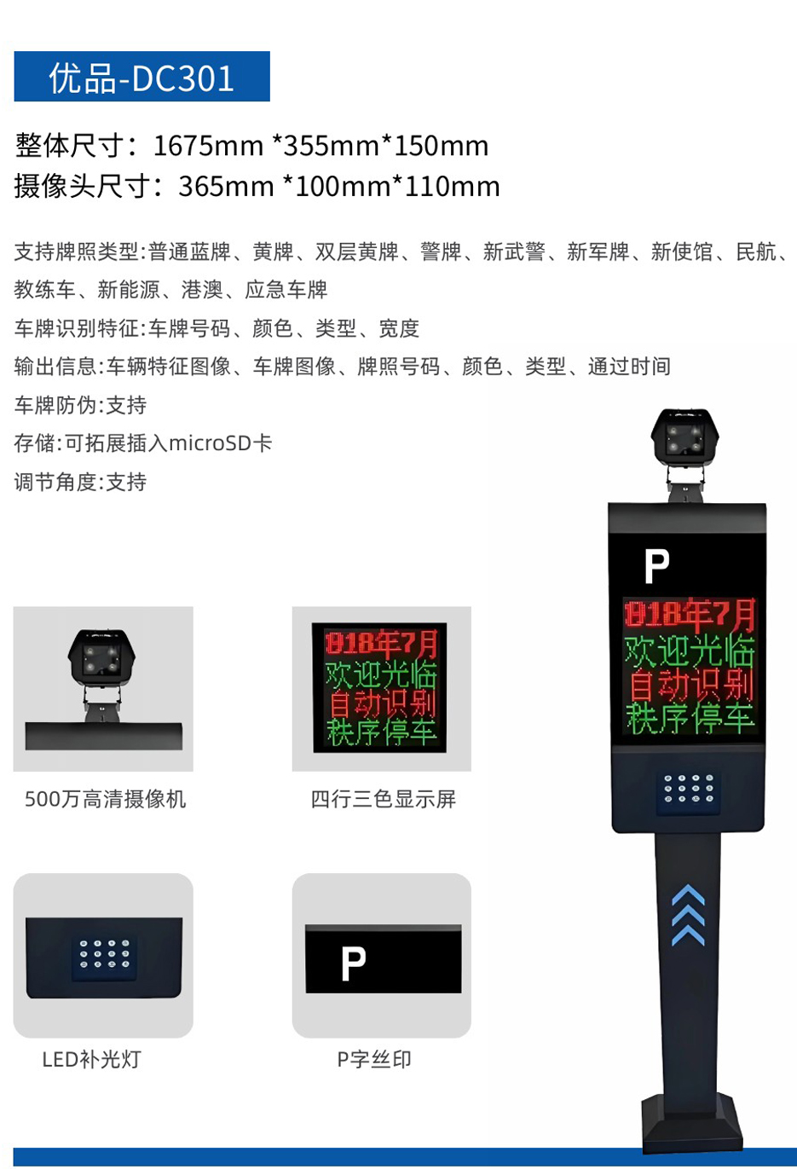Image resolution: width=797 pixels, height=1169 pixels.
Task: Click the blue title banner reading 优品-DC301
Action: tap(141, 76)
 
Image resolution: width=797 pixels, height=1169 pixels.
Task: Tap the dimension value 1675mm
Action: tap(208, 146)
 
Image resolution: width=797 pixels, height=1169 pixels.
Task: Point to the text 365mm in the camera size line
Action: tap(226, 187)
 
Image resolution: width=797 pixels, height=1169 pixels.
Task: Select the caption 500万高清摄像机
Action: tap(106, 799)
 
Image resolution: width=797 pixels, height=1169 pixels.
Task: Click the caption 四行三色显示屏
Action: tap(384, 799)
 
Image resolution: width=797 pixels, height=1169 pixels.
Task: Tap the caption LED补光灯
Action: tap(92, 1059)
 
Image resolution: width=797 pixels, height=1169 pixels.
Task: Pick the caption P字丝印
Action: tap(374, 1059)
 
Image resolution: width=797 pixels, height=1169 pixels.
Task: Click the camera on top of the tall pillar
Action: tap(684, 437)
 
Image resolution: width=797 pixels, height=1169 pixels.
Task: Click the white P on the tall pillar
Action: tap(656, 566)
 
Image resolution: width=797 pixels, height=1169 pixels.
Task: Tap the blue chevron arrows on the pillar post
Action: tap(689, 915)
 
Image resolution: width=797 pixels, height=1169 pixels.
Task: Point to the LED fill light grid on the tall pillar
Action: tap(689, 788)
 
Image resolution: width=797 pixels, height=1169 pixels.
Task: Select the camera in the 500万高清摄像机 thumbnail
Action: tap(101, 657)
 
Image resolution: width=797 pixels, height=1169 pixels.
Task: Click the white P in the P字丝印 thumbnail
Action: tap(353, 964)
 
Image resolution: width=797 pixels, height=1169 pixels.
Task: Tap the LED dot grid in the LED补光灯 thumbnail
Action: tap(104, 953)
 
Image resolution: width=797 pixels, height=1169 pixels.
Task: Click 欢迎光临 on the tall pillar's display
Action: tap(690, 651)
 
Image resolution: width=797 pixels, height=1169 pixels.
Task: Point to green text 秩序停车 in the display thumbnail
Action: tap(382, 732)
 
